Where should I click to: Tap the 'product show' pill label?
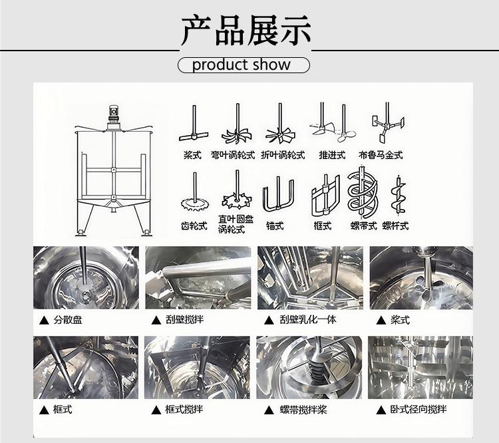pyautogui.click(x=244, y=65)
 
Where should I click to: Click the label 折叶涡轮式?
pyautogui.click(x=283, y=156)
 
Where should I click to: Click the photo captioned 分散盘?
pyautogui.click(x=86, y=277)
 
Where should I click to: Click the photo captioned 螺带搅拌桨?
pyautogui.click(x=309, y=367)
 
